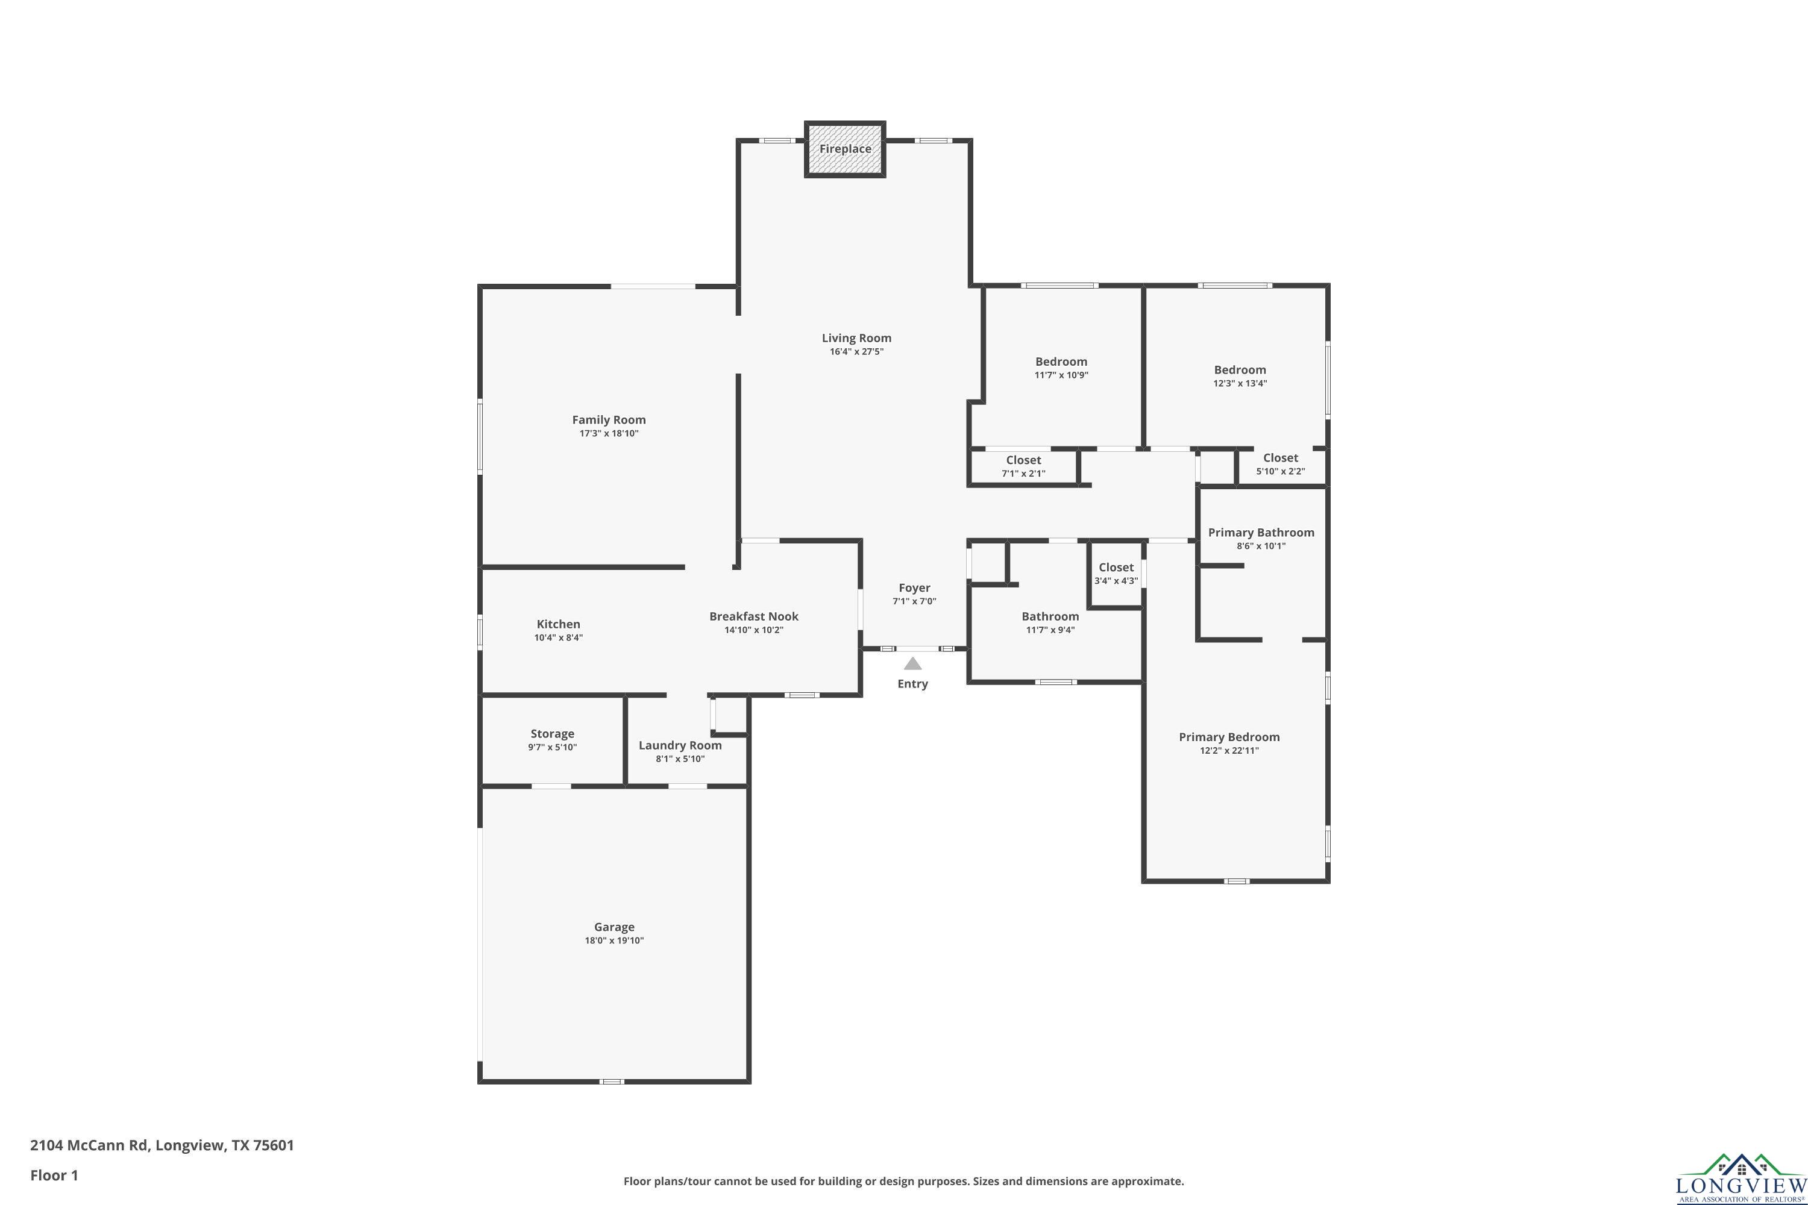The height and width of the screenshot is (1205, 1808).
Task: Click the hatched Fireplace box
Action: point(845,149)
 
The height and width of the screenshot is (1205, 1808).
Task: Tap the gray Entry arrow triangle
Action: point(912,663)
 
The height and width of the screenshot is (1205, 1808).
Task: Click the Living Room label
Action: point(856,338)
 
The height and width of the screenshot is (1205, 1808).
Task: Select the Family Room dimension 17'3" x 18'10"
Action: point(609,433)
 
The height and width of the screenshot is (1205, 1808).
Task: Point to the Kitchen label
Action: point(558,624)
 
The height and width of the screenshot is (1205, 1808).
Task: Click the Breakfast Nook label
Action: point(753,616)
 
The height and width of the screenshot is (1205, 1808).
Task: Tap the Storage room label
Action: point(552,734)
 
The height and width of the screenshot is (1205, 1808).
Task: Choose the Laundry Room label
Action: point(680,745)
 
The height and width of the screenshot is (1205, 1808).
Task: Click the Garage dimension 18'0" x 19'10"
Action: point(614,941)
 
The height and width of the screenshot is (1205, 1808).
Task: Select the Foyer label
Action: point(914,588)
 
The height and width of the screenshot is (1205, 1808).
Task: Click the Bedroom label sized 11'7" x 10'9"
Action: point(1061,362)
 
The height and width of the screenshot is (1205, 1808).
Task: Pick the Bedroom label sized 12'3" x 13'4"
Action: point(1240,370)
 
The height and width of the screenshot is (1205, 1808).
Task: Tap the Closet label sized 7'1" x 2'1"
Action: point(1023,460)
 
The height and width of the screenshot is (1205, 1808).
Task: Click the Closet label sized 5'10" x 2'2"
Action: point(1281,458)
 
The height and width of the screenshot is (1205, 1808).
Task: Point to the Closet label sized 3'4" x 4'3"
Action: point(1116,567)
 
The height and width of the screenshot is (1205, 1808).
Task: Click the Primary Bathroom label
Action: point(1261,533)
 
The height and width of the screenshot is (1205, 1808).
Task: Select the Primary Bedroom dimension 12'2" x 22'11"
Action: point(1229,751)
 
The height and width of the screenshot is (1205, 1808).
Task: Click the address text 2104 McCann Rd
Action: point(89,1145)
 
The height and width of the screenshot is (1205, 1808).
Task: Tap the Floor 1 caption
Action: point(54,1175)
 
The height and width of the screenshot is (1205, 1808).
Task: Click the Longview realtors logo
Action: point(1741,1178)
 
